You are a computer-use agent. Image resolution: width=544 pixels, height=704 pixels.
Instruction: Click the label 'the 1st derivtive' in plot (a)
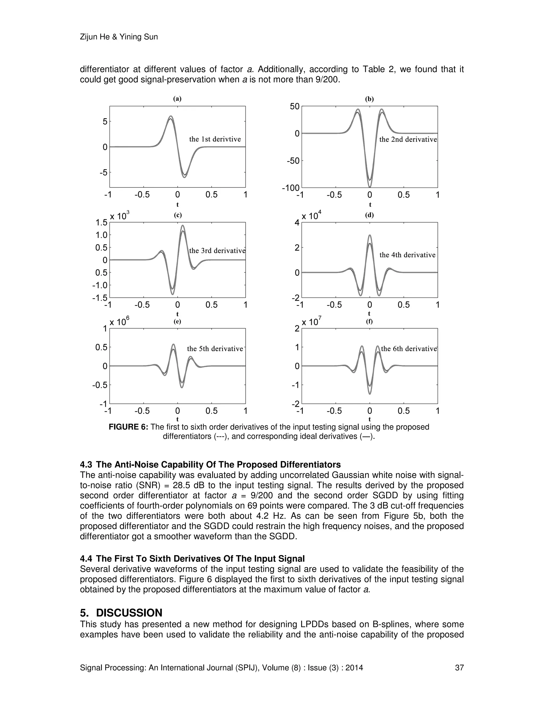215,139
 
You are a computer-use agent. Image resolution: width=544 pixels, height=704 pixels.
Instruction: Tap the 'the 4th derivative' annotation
407,255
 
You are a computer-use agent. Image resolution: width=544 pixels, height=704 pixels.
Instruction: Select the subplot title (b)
369,99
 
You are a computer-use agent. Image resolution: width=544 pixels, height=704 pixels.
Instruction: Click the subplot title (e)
177,321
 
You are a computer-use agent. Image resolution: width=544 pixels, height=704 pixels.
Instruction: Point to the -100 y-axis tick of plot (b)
291,188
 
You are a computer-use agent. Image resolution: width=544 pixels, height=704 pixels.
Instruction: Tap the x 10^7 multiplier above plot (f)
311,322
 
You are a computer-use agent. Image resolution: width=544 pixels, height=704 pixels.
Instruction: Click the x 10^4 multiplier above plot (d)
311,216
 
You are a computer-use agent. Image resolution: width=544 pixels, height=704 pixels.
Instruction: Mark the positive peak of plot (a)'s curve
171,116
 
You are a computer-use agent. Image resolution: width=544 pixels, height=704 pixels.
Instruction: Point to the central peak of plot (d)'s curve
370,235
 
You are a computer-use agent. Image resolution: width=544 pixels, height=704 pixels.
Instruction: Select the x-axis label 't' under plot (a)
177,205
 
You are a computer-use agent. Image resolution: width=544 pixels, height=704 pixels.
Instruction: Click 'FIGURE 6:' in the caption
128,427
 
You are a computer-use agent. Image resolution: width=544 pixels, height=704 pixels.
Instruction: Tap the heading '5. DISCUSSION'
121,613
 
